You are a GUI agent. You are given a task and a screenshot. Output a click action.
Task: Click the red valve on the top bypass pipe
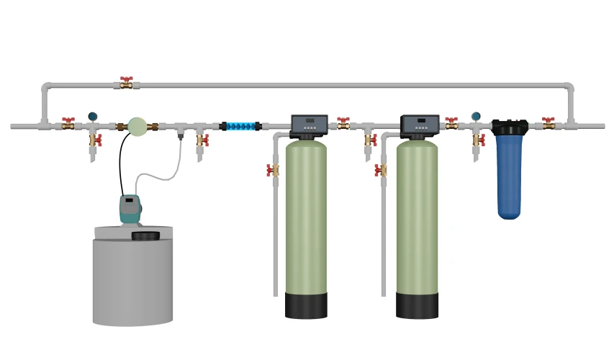click(x=127, y=83)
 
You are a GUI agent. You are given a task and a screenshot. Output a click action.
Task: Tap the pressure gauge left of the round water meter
click(x=93, y=116)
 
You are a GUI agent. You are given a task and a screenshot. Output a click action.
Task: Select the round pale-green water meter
click(x=137, y=126)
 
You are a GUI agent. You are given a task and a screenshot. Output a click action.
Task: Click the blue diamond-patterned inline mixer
click(x=240, y=127)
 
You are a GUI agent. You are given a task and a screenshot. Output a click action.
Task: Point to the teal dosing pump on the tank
click(x=130, y=209)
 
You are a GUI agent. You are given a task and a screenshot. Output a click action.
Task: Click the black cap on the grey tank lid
click(x=145, y=235)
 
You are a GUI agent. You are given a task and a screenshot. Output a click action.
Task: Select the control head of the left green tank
click(x=309, y=125)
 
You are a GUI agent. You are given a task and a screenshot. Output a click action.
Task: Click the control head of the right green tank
click(x=419, y=125)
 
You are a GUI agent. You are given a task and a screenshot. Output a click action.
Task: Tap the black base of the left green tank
click(x=306, y=305)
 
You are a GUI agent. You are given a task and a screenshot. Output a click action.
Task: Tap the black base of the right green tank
click(x=417, y=305)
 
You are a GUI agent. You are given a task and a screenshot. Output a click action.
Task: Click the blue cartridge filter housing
click(x=509, y=176)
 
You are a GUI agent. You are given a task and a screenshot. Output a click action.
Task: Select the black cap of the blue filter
click(x=510, y=127)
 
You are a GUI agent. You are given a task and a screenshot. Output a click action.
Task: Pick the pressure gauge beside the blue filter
click(x=476, y=116)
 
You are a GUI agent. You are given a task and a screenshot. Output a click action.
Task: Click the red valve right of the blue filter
click(x=548, y=123)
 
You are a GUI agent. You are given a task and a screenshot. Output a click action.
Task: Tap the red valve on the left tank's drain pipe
click(x=273, y=171)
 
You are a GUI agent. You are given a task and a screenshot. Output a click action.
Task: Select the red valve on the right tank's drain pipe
click(x=380, y=171)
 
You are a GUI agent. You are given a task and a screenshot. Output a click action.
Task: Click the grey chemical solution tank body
click(x=132, y=281)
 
